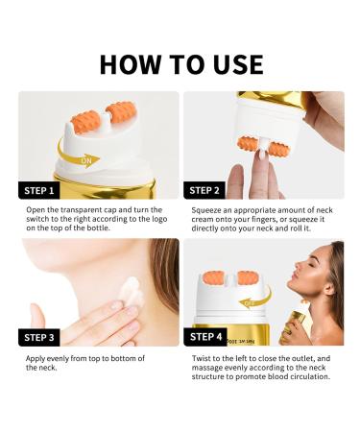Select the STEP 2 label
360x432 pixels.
210,189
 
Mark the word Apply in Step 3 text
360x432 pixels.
36,358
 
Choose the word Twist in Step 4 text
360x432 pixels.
202,358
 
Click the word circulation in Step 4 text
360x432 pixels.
307,377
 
